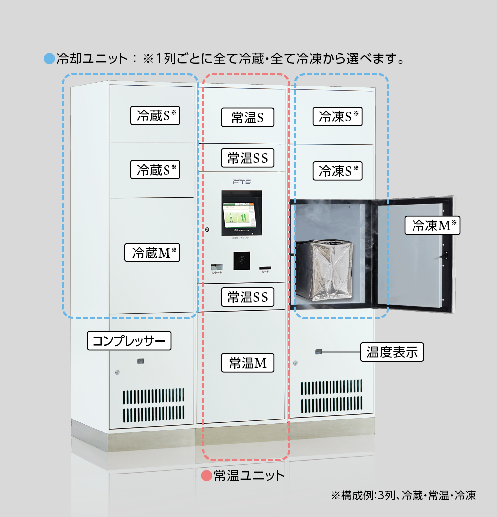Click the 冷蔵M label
click(x=152, y=253)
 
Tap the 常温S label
click(x=247, y=117)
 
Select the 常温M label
click(x=248, y=363)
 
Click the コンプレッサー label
click(x=129, y=341)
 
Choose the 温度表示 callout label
click(x=392, y=352)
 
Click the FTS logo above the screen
click(x=242, y=182)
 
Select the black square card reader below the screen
click(x=242, y=260)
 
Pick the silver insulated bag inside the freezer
click(x=325, y=270)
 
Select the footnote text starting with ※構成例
click(x=403, y=495)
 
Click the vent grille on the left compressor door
click(x=154, y=405)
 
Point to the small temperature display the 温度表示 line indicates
click(x=319, y=352)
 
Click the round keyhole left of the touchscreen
click(x=207, y=230)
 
